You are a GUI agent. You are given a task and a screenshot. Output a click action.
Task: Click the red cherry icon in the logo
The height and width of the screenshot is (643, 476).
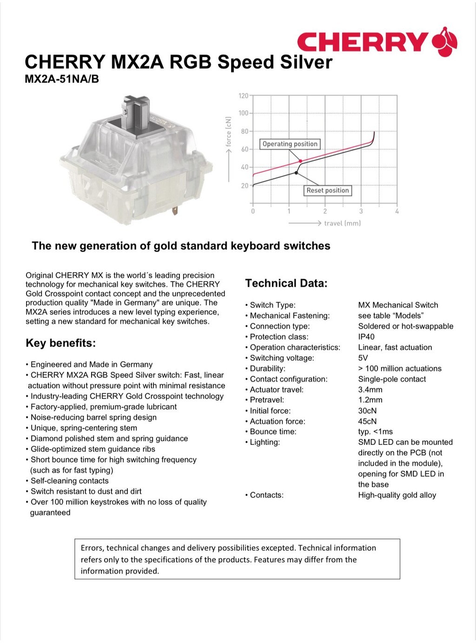coord(445,42)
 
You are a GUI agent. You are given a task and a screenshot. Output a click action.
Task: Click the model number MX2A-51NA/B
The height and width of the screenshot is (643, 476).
coord(62,79)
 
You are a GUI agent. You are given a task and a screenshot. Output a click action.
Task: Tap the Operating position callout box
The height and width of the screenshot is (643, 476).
coord(290,144)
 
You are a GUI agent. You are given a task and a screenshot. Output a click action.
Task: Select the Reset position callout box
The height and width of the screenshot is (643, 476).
coord(327,190)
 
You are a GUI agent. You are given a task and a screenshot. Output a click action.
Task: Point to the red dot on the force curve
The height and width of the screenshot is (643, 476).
coord(300,161)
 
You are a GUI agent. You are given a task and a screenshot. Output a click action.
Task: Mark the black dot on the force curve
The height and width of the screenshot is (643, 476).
coord(297,173)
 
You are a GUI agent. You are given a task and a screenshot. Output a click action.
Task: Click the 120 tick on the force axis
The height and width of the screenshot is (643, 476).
coord(244,96)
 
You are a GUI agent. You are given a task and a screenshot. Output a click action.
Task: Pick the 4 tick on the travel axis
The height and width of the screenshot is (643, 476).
coord(397,211)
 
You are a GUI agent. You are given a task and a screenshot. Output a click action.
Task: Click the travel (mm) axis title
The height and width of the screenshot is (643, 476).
coord(342,223)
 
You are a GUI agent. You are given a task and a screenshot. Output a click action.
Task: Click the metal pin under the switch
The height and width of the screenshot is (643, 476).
coord(175,211)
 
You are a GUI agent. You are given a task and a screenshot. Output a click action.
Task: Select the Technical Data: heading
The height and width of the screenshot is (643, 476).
coord(286,283)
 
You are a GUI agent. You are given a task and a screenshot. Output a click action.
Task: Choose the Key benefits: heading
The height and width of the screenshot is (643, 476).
coord(60,343)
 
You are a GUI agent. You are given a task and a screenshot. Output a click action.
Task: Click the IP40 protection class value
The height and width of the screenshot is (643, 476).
coord(366,337)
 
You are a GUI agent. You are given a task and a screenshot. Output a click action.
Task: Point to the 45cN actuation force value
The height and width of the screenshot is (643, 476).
coord(367,421)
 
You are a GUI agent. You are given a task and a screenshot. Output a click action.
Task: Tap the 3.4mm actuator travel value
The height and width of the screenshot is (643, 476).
coord(370,390)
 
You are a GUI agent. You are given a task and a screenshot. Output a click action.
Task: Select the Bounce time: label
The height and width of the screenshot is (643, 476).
coord(273,431)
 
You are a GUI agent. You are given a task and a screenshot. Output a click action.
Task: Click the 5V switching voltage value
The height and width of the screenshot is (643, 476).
coord(363,358)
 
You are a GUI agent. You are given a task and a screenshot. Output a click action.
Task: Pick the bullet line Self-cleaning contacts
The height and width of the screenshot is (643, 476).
coord(69,481)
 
